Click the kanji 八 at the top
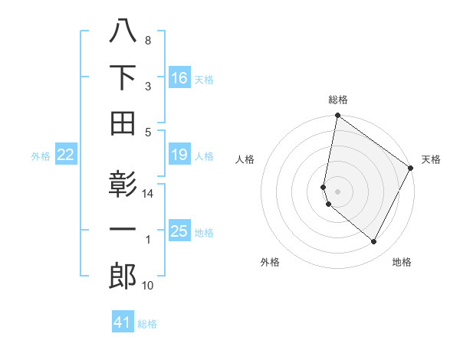(123, 31)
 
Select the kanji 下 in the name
(123, 77)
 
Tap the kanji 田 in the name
(123, 123)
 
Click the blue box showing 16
(179, 78)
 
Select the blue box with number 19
(179, 155)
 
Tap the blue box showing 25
(179, 231)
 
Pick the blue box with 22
(65, 155)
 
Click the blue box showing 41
(123, 322)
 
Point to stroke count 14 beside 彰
(149, 194)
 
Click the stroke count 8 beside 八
(148, 40)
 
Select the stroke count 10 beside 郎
(149, 286)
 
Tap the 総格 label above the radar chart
(338, 100)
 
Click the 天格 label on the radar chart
(431, 159)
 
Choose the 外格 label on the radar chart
(270, 262)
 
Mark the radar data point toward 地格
(374, 242)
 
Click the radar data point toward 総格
(337, 116)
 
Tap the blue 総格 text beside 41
(147, 324)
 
